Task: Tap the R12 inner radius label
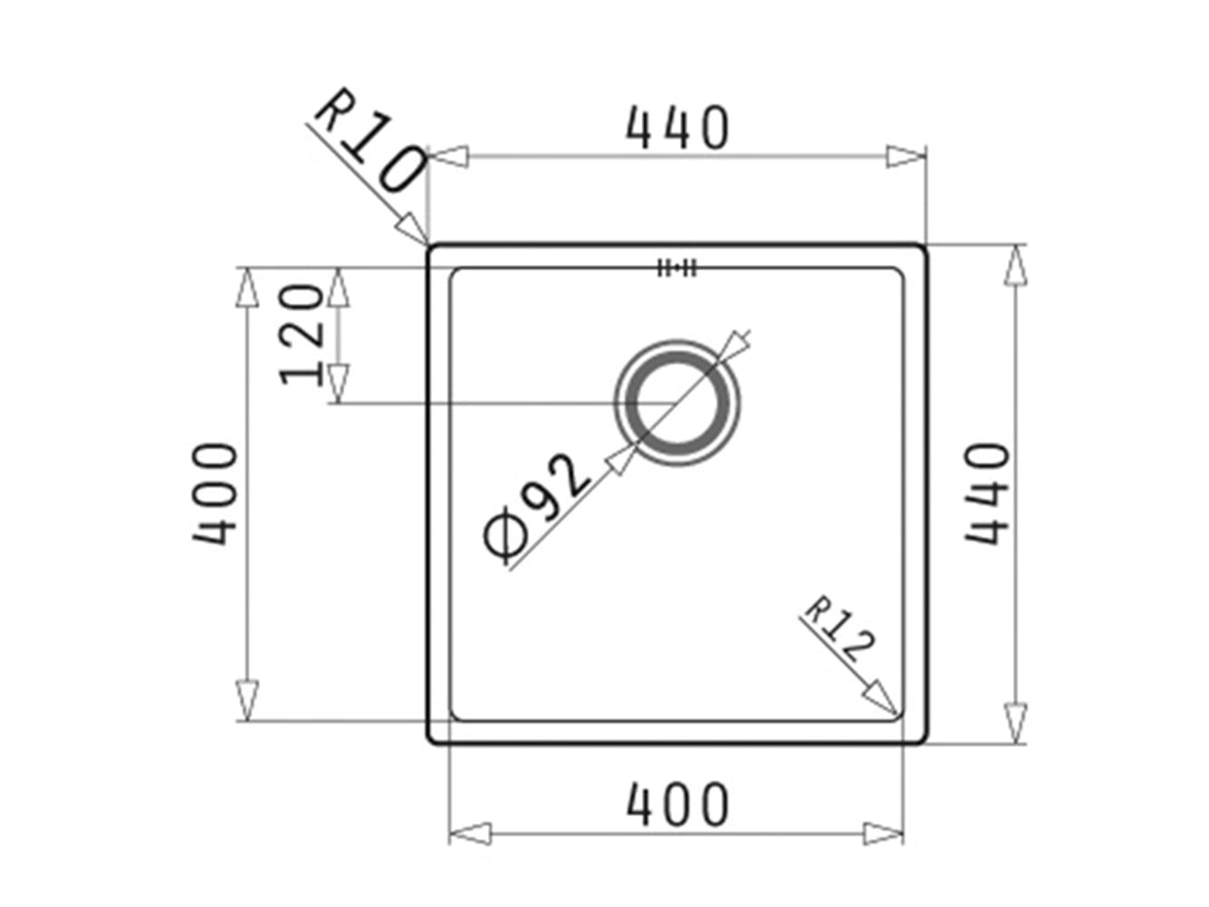tap(840, 630)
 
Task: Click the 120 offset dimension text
tap(302, 334)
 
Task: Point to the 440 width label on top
tap(678, 128)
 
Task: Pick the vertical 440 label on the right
tap(987, 493)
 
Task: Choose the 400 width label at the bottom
tap(678, 804)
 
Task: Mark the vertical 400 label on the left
tap(215, 493)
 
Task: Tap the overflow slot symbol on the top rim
tap(677, 268)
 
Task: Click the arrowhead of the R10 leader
tap(417, 232)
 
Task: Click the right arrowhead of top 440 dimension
tap(907, 157)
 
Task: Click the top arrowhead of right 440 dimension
tap(1016, 265)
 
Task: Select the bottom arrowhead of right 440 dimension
tap(1016, 723)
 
